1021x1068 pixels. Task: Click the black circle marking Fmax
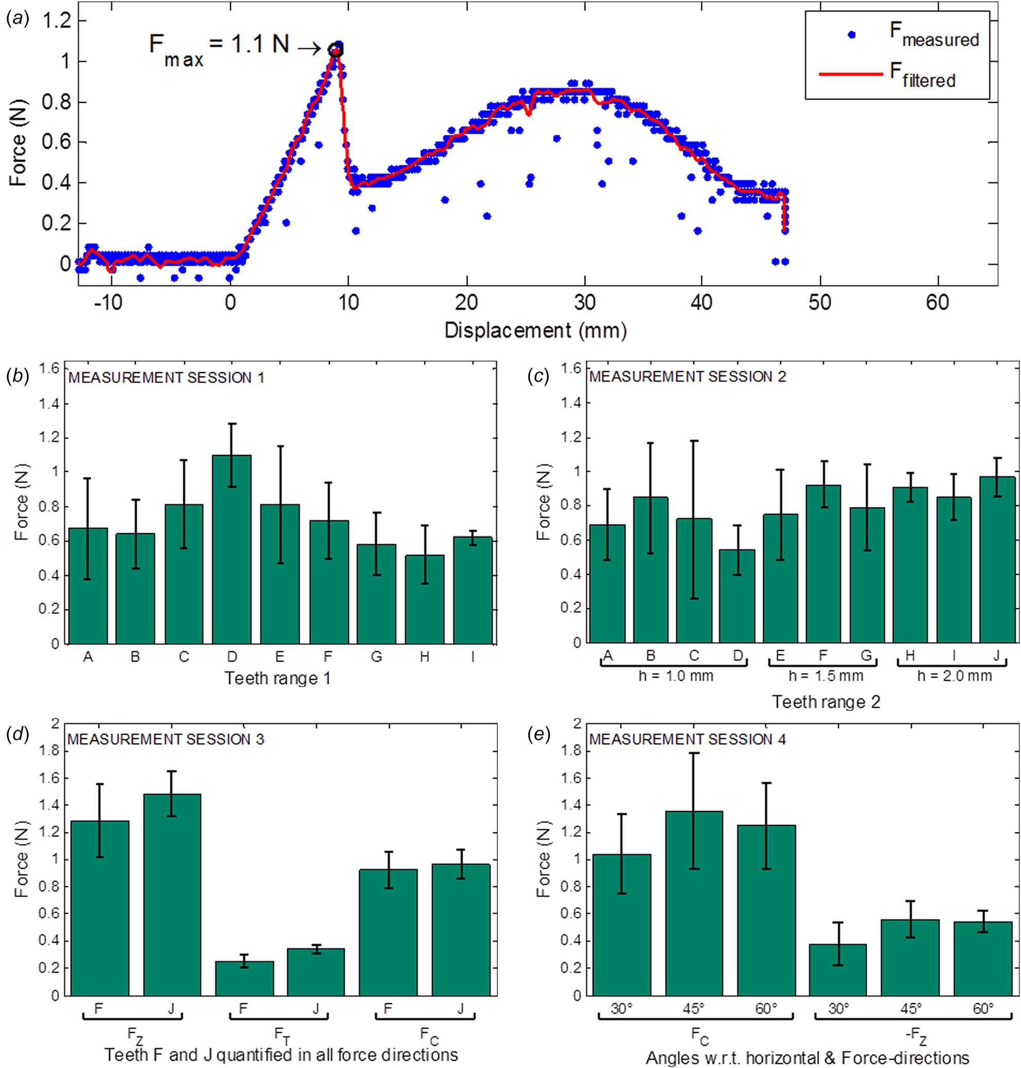pos(336,50)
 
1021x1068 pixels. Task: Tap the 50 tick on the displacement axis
pos(820,303)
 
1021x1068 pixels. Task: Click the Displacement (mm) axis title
pos(536,330)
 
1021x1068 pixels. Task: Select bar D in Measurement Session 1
pos(232,550)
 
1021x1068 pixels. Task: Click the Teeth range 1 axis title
pos(277,678)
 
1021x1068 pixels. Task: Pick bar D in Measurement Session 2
pos(737,596)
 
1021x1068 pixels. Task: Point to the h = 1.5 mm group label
pos(825,676)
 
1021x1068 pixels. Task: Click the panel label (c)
pos(538,377)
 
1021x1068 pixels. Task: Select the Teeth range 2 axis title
pos(825,702)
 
